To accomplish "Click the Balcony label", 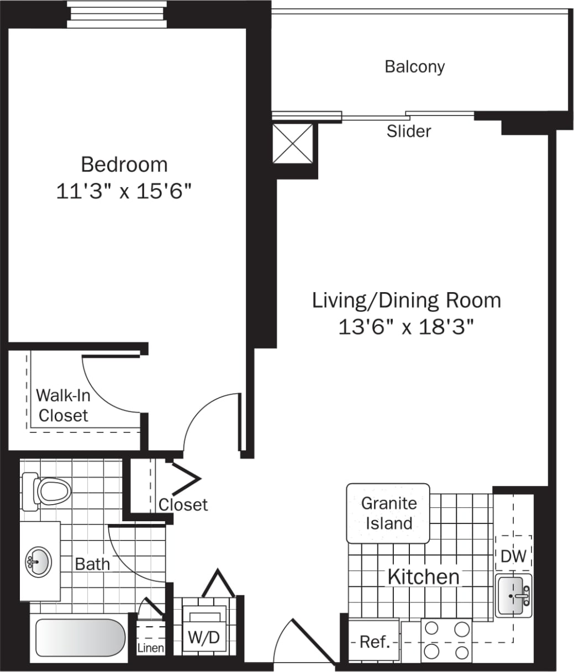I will point(414,67).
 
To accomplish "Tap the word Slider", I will point(409,131).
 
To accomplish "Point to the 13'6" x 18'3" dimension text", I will point(407,327).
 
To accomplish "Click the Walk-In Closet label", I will point(63,405).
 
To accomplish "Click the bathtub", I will point(81,639).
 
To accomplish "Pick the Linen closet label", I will point(150,648).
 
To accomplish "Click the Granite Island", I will point(388,513).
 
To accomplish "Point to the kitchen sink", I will point(514,595).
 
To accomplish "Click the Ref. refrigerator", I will point(375,642).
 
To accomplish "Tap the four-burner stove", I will point(446,641).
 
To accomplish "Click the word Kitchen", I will point(423,577).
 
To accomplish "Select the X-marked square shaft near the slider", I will point(293,144).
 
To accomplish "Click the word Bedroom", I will point(124,165).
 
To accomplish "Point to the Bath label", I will point(92,564).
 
